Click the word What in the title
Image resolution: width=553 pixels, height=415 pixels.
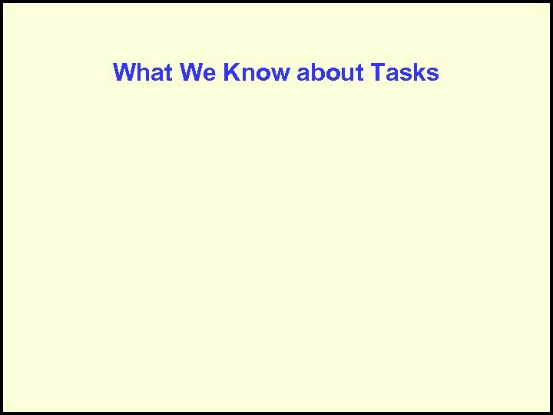[143, 73]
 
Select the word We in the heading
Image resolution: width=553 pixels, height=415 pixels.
[198, 73]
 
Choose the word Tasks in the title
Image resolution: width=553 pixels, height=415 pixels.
[404, 73]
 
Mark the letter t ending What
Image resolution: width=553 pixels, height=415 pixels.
[169, 73]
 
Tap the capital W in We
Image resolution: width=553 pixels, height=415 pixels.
[191, 73]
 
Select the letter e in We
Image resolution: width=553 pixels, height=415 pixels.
[210, 75]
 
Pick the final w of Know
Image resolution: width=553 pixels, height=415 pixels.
[281, 75]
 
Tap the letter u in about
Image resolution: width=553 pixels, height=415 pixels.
[347, 75]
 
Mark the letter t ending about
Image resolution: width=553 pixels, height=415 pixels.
[360, 73]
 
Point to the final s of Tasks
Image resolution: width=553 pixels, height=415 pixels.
[432, 75]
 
